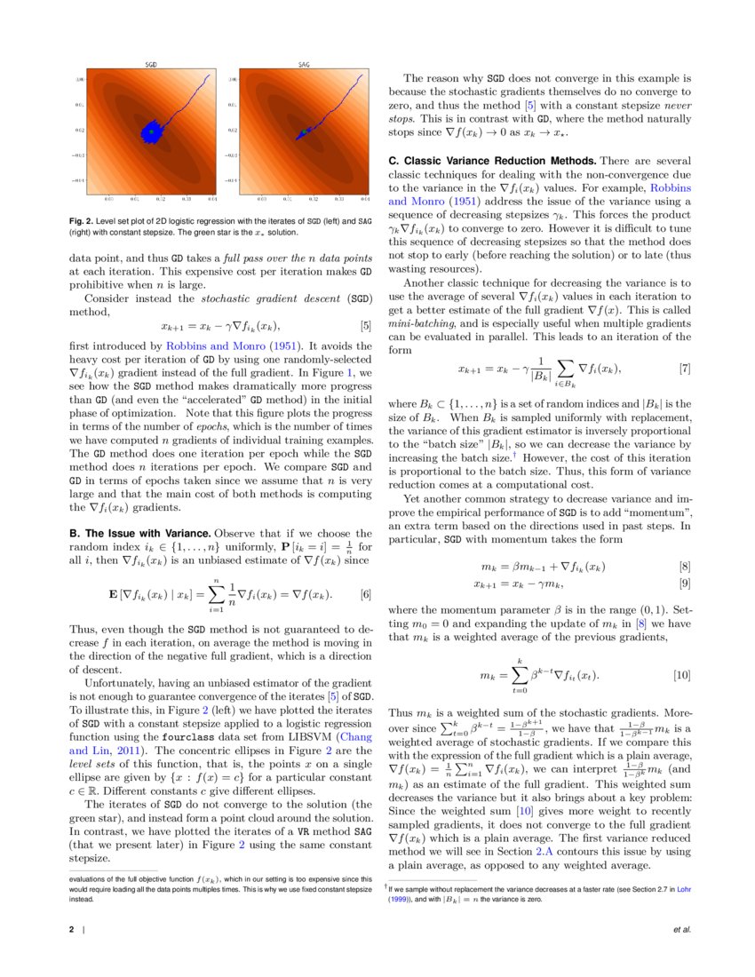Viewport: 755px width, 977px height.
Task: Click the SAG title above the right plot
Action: pos(304,65)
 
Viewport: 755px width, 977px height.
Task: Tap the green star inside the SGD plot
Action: pos(152,131)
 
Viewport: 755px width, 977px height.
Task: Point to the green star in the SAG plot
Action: pos(304,131)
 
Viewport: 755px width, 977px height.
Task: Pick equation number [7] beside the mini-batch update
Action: pos(685,368)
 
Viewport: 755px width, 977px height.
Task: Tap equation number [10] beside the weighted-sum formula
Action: pos(682,676)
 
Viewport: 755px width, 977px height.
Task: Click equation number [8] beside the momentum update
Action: pos(685,566)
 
